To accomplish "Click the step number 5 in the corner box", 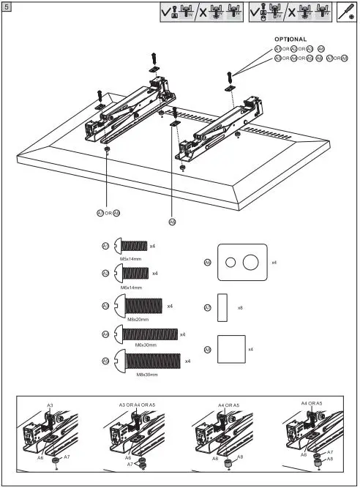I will click(x=7, y=6).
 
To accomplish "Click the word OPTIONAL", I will click(x=290, y=39).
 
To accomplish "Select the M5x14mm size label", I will click(x=130, y=258).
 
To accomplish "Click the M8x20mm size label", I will click(x=138, y=319).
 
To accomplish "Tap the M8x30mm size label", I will click(x=147, y=375).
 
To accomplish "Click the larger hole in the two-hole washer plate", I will click(x=250, y=263).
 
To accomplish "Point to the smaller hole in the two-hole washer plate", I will click(x=230, y=263).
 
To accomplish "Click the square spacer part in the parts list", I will click(x=230, y=349).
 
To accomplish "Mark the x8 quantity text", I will click(x=240, y=308).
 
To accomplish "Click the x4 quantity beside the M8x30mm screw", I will click(x=187, y=361).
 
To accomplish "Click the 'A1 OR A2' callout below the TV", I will click(x=108, y=213).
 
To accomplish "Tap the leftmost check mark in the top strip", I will click(x=167, y=12).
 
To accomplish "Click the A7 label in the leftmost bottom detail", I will click(x=67, y=457).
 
